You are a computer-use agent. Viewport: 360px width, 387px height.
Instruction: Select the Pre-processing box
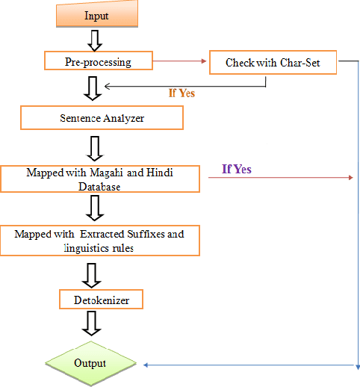98,61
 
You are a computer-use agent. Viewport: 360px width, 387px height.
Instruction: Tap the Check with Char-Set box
272,63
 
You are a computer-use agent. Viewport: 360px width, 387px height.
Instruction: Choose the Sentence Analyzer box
101,118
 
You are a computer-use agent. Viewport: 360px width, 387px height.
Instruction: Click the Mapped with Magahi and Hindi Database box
99,179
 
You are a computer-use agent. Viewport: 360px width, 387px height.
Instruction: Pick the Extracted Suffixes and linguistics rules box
99,241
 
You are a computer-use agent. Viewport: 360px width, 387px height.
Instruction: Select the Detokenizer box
100,301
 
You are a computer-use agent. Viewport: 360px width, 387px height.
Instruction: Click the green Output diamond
90,364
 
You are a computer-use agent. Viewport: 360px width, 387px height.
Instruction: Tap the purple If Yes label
237,170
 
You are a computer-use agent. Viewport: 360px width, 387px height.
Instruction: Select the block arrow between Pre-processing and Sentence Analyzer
93,87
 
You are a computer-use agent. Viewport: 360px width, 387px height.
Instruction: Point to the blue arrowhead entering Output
147,365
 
